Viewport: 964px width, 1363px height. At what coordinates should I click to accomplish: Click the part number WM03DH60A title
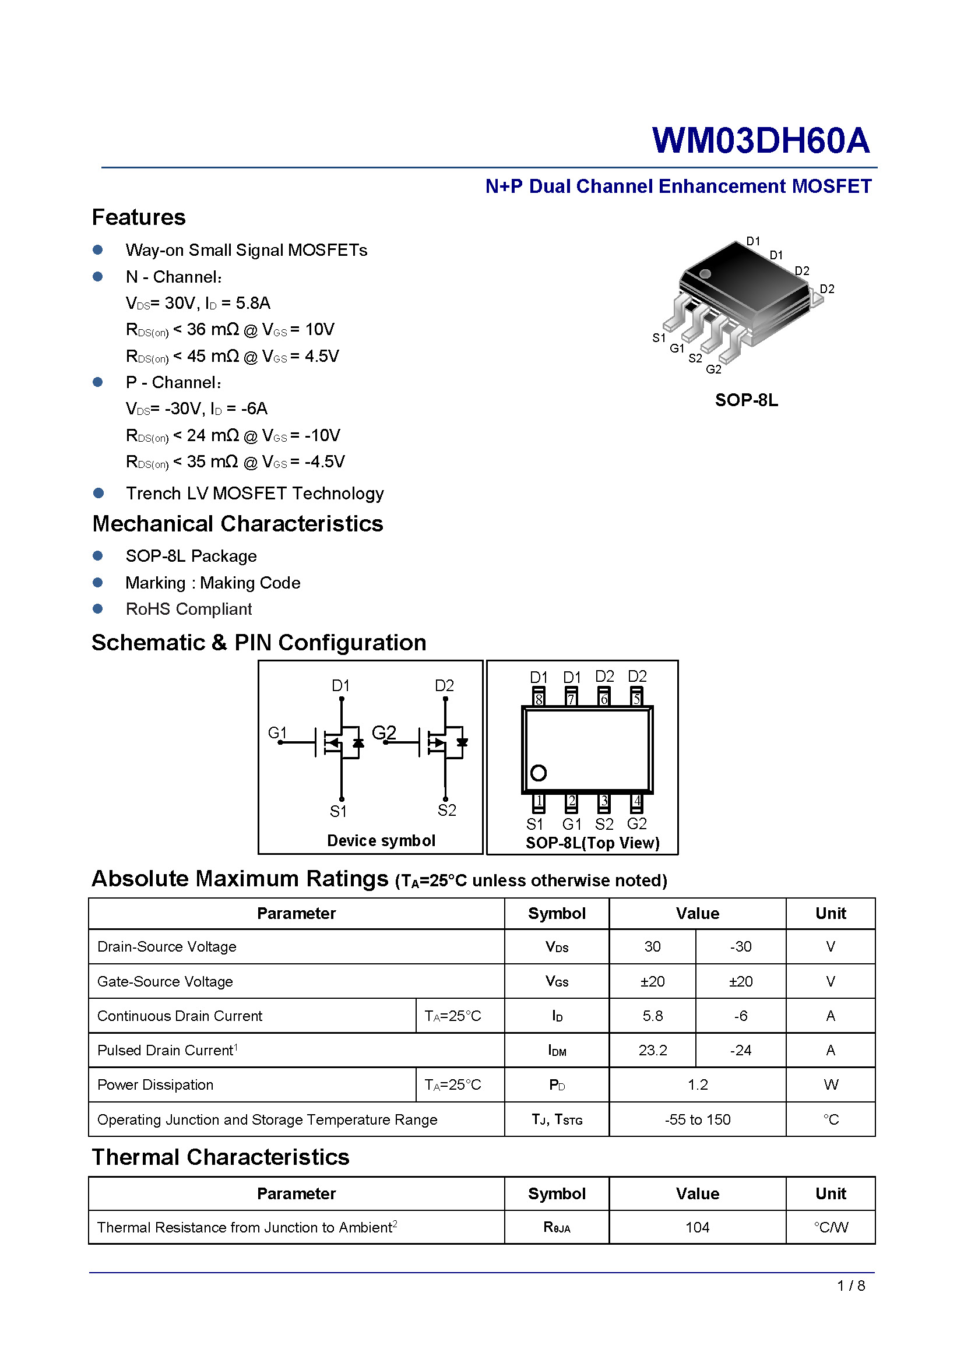point(761,140)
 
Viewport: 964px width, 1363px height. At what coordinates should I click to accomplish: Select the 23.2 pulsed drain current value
point(652,1050)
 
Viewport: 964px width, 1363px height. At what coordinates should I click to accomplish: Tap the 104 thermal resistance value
point(697,1227)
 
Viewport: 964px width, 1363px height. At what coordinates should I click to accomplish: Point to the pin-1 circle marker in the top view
point(539,773)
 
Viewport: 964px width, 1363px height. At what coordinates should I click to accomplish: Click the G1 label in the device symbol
point(277,732)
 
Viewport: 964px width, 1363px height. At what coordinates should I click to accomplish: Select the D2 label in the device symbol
point(444,686)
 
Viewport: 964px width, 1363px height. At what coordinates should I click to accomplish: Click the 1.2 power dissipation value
point(698,1084)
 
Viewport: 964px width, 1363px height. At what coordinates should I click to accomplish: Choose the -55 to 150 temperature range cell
point(698,1119)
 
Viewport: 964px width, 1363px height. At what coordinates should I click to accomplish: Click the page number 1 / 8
point(850,1285)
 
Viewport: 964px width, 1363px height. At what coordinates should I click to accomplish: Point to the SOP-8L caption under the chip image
point(746,400)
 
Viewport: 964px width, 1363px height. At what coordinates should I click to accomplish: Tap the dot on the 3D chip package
point(705,274)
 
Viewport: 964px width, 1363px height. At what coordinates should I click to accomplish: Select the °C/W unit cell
point(831,1227)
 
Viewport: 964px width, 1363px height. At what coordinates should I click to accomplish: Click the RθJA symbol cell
point(557,1227)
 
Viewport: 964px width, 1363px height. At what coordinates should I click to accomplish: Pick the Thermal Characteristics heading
point(220,1157)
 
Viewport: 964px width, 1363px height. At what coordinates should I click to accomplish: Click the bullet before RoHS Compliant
point(98,608)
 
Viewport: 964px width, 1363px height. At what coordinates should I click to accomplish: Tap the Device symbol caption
point(381,841)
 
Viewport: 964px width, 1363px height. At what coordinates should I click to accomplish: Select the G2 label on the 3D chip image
point(713,369)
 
